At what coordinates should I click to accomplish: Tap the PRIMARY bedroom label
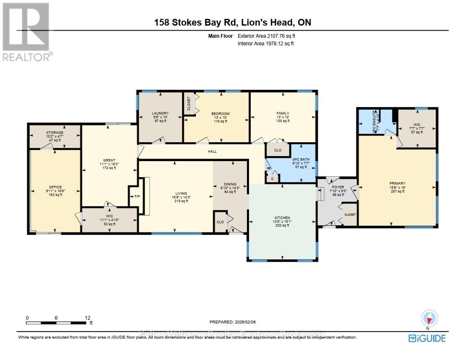[x=397, y=183]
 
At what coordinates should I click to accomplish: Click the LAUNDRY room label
[x=160, y=113]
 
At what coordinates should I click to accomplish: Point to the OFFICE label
[x=55, y=187]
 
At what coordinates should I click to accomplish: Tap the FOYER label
[x=338, y=187]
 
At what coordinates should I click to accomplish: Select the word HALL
[x=212, y=151]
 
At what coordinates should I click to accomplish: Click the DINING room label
[x=230, y=184]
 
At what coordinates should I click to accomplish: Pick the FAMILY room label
[x=283, y=113]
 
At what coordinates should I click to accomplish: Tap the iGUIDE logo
[x=427, y=338]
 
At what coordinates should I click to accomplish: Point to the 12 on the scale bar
[x=87, y=318]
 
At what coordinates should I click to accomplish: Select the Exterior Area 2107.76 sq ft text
[x=269, y=36]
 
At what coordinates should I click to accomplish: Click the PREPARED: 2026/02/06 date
[x=232, y=322]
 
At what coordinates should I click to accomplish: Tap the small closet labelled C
[x=272, y=178]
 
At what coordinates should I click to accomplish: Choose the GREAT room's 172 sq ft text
[x=109, y=168]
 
